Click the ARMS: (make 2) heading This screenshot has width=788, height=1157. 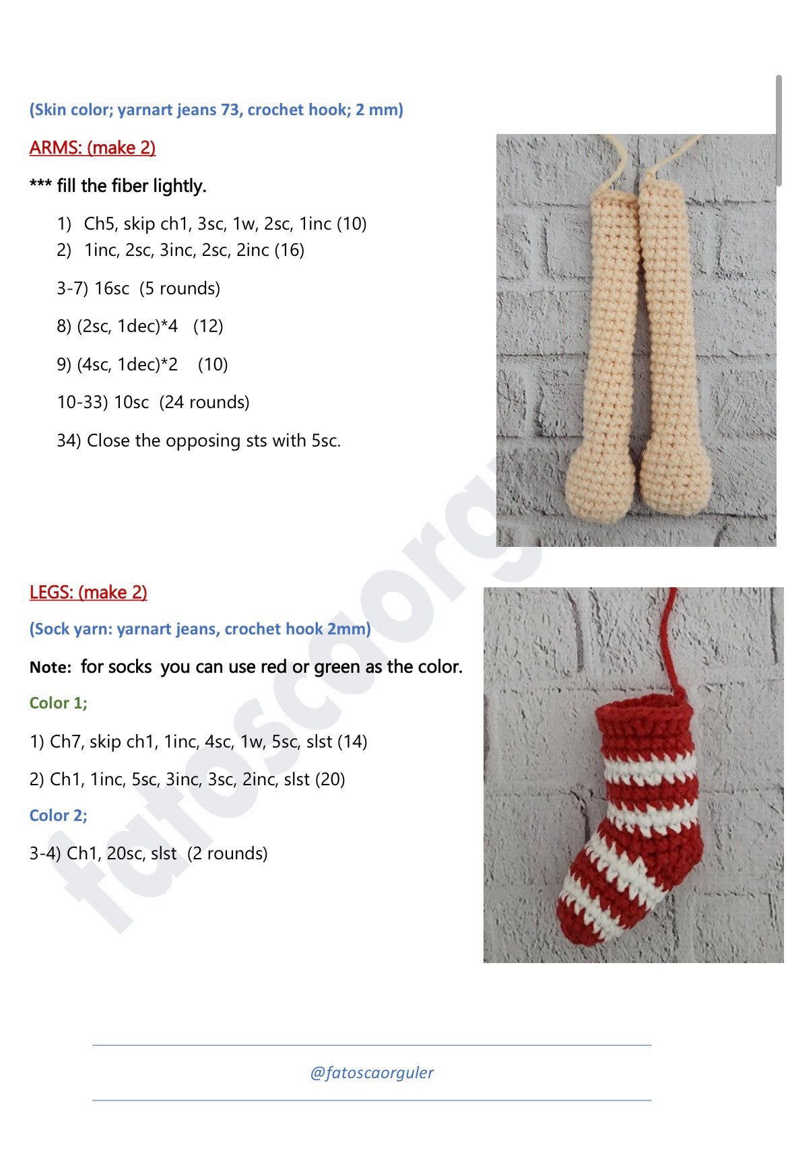92,147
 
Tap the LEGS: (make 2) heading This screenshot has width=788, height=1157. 88,592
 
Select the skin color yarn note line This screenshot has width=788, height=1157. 216,110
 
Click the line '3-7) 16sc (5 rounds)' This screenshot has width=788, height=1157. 138,288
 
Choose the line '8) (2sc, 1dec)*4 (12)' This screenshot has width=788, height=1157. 139,326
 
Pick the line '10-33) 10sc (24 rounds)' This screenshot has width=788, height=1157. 153,402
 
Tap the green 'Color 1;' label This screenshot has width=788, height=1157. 59,703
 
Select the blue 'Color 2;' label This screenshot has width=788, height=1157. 59,816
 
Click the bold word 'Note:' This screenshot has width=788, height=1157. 51,667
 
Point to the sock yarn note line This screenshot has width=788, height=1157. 200,629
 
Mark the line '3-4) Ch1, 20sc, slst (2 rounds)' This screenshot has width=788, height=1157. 148,853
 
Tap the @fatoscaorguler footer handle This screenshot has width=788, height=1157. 372,1072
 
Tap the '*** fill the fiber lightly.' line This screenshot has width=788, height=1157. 118,186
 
